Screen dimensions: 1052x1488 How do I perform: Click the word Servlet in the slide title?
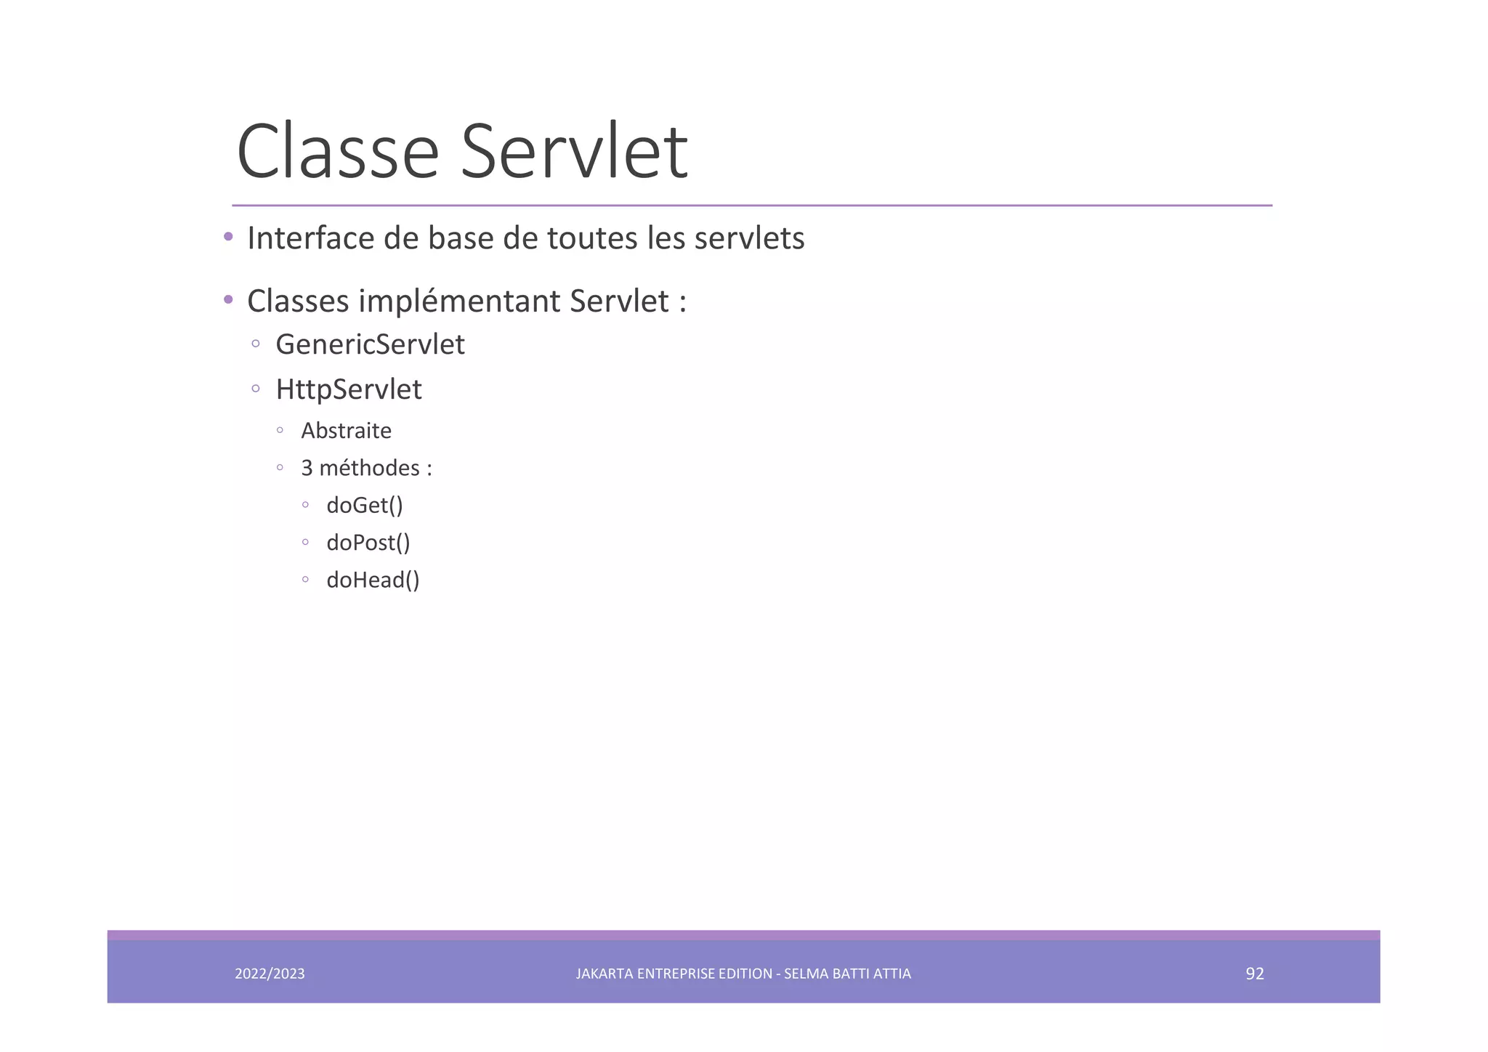click(574, 152)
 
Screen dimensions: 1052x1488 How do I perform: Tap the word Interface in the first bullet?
click(311, 238)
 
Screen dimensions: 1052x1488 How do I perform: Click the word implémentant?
click(459, 302)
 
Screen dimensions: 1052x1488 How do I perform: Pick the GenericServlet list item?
click(370, 344)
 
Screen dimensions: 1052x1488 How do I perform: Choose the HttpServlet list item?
click(349, 389)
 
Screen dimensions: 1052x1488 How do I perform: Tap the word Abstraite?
click(346, 431)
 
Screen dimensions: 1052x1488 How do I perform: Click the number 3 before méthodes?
click(307, 468)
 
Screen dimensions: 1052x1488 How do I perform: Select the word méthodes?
click(369, 468)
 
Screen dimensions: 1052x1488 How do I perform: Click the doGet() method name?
click(365, 505)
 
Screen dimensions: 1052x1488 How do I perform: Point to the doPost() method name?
click(368, 543)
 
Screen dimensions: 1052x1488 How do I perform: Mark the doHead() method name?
click(373, 580)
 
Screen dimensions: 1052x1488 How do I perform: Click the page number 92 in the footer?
click(1255, 974)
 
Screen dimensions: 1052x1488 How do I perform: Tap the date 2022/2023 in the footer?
click(270, 974)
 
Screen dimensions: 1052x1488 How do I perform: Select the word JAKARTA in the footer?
click(604, 974)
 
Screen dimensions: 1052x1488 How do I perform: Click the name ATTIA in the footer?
click(892, 974)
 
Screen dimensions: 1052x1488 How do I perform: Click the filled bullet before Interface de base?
click(228, 236)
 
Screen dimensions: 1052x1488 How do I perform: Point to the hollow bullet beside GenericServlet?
click(256, 344)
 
